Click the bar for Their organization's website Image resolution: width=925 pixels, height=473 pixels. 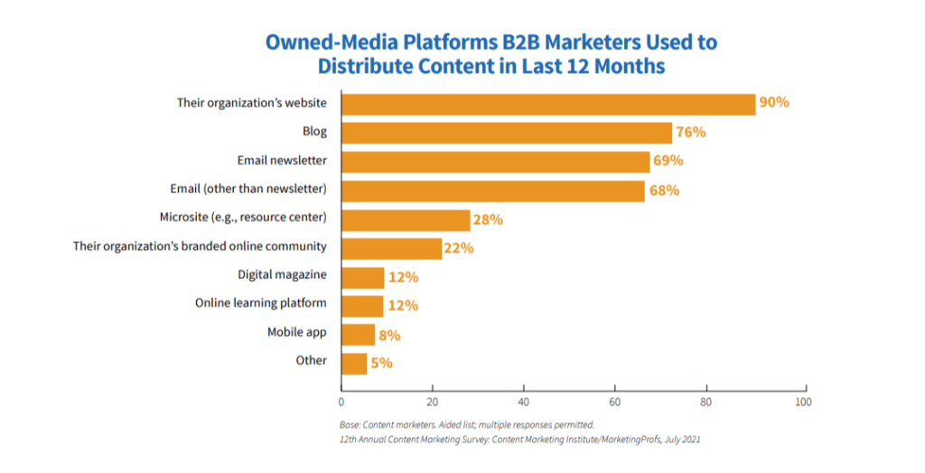point(547,104)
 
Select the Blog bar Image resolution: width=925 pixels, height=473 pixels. point(506,133)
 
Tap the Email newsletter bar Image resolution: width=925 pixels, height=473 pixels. point(495,162)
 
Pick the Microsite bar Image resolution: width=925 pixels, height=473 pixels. point(406,219)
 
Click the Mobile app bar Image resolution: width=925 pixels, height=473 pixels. point(358,334)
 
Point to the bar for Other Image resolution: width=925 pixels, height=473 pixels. point(354,363)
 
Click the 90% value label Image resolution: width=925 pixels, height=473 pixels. point(774,103)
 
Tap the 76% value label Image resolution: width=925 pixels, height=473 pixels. point(691,133)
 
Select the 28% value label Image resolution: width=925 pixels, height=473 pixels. point(489,219)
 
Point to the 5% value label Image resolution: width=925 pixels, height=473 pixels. point(381,364)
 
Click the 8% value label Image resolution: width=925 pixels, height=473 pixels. point(389,335)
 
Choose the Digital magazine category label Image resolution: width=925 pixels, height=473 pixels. point(282,274)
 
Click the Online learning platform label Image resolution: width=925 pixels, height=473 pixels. point(260,303)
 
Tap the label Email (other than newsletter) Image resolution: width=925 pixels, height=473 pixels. point(248,189)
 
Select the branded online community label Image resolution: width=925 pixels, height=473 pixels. point(200,246)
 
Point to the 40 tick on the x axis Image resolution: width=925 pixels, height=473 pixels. point(524,401)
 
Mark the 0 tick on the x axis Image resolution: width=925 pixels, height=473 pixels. point(341,401)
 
